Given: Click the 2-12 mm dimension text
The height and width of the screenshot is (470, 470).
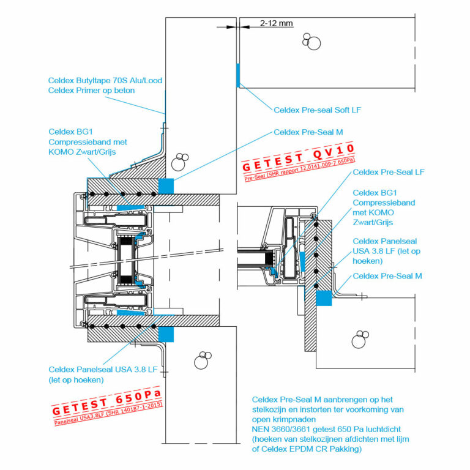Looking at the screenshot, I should pos(277,23).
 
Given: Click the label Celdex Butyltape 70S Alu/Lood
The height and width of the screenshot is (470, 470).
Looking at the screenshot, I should pos(105,80).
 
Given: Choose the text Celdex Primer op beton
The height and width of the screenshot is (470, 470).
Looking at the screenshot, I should pos(91,91).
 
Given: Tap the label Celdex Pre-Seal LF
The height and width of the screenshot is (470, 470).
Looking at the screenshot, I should pos(389,173).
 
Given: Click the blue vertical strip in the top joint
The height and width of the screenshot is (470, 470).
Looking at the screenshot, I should pos(237,74).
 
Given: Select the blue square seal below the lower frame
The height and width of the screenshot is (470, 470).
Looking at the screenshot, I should pos(166,334).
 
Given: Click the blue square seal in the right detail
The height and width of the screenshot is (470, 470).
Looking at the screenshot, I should pos(323,298).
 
